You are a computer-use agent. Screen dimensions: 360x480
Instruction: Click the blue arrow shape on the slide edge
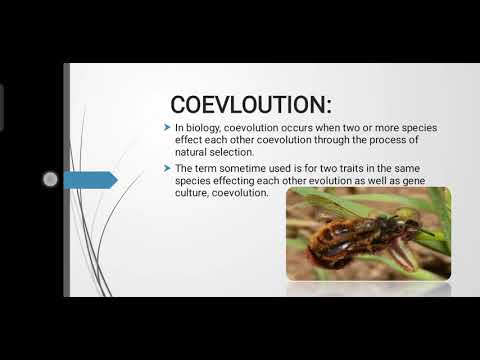(90, 180)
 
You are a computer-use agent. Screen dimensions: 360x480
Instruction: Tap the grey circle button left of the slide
(50, 180)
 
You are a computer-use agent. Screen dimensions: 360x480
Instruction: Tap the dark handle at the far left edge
(2, 100)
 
